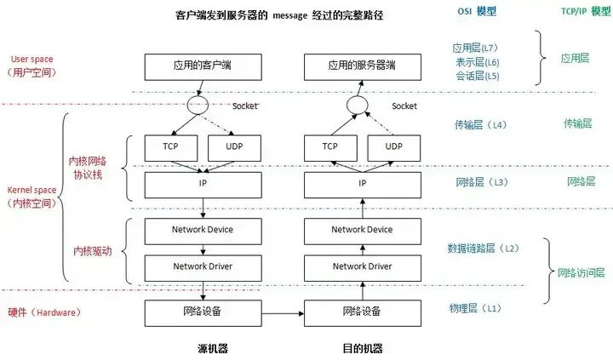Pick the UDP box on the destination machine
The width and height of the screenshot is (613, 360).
(x=393, y=146)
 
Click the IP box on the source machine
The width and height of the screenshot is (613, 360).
(x=202, y=183)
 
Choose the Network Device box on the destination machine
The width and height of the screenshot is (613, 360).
(x=361, y=230)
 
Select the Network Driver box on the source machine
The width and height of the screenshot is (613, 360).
(x=202, y=266)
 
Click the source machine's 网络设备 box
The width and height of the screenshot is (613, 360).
(x=202, y=311)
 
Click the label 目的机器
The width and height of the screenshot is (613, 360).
(x=362, y=348)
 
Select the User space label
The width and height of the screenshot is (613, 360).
(x=32, y=59)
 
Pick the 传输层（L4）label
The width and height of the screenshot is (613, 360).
(x=480, y=125)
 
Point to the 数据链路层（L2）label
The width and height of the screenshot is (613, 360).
(x=482, y=248)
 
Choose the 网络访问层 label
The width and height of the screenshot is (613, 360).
(x=581, y=272)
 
